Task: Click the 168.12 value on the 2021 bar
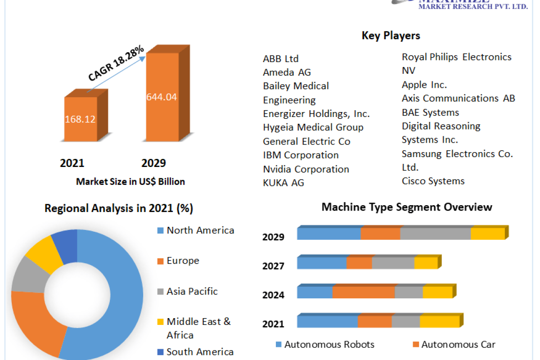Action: pos(81,119)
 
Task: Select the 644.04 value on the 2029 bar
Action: pos(162,97)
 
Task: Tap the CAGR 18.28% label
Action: pos(116,63)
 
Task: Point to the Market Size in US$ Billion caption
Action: pos(130,181)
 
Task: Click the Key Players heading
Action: pos(391,36)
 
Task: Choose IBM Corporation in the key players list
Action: pos(301,155)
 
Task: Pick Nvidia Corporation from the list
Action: pos(306,169)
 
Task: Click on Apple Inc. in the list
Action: pos(424,85)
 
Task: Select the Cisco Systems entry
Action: pos(433,181)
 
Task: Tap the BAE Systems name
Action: pos(430,112)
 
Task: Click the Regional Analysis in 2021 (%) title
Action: pos(119,208)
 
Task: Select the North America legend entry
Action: pos(200,230)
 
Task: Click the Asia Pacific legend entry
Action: pos(192,291)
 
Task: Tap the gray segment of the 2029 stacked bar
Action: pos(435,234)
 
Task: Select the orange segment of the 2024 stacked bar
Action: pos(363,292)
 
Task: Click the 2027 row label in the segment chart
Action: pos(273,266)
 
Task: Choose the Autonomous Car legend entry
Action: pos(458,345)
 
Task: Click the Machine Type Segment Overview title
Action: pos(407,207)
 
